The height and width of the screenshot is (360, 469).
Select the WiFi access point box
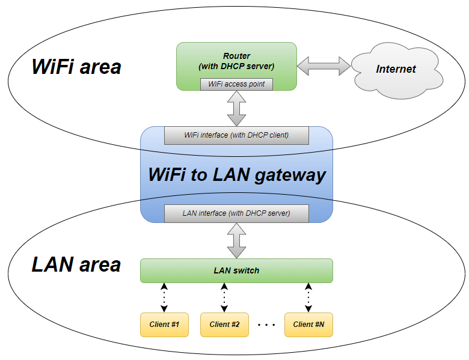tap(236, 84)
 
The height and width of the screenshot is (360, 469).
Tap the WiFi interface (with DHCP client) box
tap(236, 135)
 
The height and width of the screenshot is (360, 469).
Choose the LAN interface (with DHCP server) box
tap(236, 213)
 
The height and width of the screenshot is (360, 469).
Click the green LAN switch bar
tap(236, 270)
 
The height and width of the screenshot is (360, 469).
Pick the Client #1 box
tap(164, 325)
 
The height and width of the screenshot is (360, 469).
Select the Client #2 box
tap(224, 325)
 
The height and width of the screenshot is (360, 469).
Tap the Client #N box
tap(308, 325)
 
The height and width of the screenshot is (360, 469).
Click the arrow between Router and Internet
tap(323, 66)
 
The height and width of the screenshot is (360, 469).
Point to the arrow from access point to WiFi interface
tap(236, 108)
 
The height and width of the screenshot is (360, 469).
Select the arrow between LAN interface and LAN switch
tap(236, 240)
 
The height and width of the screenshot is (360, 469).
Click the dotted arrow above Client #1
tap(164, 298)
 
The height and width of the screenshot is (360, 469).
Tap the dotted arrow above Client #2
tap(224, 298)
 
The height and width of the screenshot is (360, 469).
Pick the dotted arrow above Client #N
tap(308, 298)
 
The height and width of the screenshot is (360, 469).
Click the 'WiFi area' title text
tap(76, 66)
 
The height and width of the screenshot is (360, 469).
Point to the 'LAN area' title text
tap(76, 264)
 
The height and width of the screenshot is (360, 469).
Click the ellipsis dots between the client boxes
tap(266, 325)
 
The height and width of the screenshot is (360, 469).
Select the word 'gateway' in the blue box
tap(290, 176)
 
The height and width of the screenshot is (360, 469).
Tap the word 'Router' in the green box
tap(236, 56)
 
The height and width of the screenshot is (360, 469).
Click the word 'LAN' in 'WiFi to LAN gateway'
tap(231, 174)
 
